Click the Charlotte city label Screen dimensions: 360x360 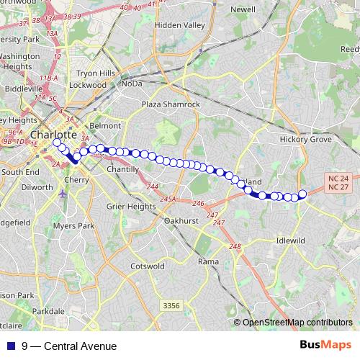click(x=53, y=135)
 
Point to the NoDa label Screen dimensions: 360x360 click(x=132, y=84)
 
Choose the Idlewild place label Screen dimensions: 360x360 click(x=292, y=240)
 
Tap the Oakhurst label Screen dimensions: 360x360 click(x=181, y=220)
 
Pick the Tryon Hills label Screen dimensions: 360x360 click(x=96, y=73)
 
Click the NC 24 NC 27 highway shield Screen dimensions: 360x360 click(x=338, y=182)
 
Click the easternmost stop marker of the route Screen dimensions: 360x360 click(x=302, y=193)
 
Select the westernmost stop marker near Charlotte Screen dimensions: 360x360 click(x=56, y=143)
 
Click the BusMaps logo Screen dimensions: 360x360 click(x=325, y=346)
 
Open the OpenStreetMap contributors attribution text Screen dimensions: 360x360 click(x=297, y=322)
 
